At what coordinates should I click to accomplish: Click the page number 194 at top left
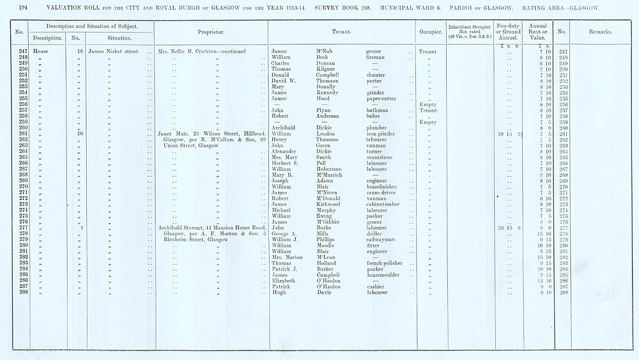coord(24,8)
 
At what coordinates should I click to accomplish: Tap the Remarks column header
coord(600,32)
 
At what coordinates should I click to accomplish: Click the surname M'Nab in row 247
coord(326,51)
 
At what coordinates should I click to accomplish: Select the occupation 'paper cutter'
coord(382,98)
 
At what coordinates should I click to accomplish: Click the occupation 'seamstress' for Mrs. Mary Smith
coord(381,157)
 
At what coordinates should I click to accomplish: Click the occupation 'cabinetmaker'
coord(386,205)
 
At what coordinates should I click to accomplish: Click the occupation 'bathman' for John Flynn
coord(378,110)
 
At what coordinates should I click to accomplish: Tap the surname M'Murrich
coord(333,175)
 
